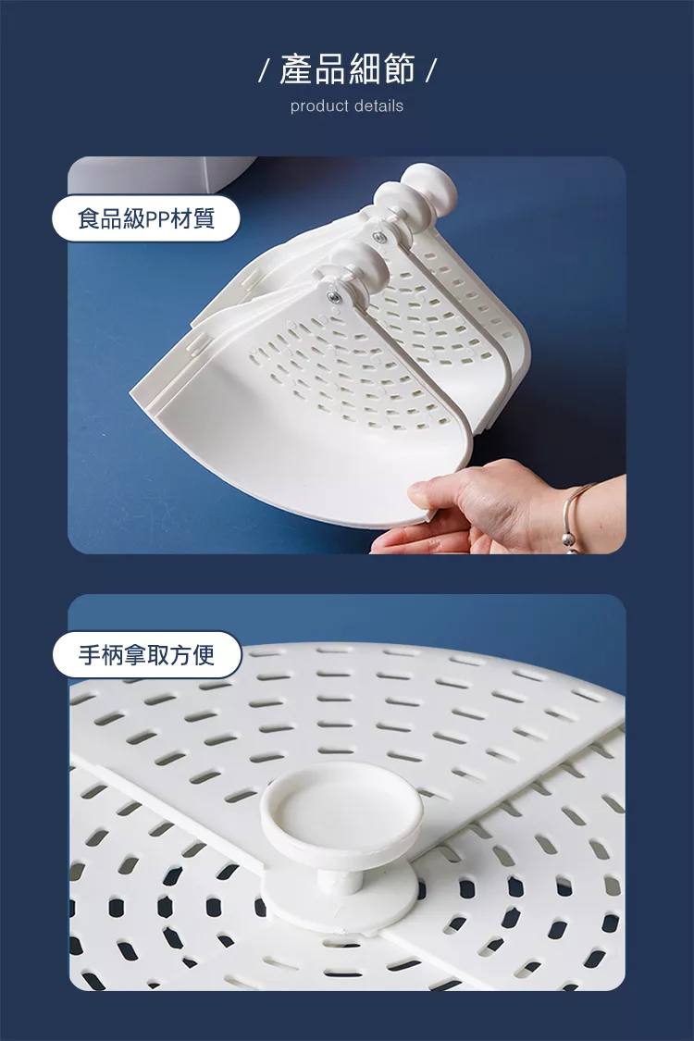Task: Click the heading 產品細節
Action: tap(347, 69)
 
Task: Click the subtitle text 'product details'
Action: tap(347, 106)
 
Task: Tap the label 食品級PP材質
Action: tap(146, 218)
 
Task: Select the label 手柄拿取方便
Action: tap(147, 654)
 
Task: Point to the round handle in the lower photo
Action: tap(341, 806)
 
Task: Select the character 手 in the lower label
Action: tap(90, 654)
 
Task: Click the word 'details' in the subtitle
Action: tap(378, 105)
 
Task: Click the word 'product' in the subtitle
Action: tap(319, 106)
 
